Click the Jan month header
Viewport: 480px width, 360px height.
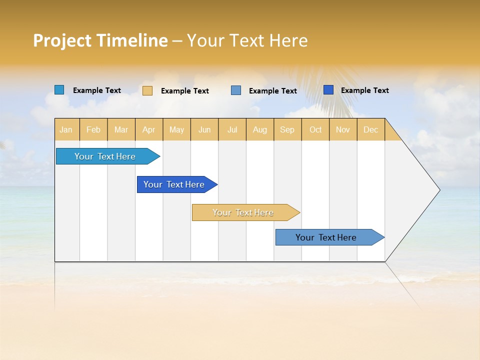66,129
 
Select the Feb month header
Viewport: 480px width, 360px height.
93,129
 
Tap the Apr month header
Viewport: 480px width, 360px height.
148,129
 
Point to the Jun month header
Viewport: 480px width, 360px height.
204,129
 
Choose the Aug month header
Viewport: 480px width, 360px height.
260,129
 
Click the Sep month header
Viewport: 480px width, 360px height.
287,129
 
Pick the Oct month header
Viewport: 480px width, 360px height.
315,129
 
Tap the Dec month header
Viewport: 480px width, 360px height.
370,129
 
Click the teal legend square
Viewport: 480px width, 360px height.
59,90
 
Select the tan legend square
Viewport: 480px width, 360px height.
147,90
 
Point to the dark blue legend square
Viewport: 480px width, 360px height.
328,90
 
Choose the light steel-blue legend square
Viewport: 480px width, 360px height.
236,90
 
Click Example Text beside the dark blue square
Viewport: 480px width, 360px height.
364,90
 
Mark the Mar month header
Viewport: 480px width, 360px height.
121,129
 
